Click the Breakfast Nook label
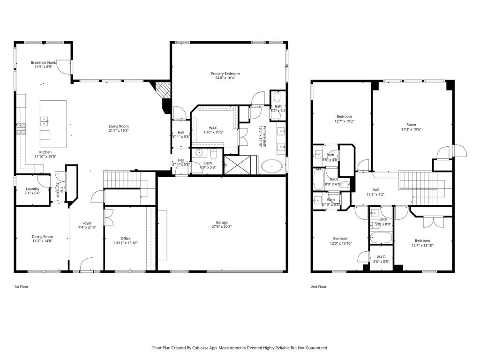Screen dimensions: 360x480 [43, 62]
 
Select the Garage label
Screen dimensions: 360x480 [221, 222]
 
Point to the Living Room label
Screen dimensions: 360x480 [119, 126]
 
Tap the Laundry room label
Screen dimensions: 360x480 [32, 189]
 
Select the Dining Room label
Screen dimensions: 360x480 [42, 237]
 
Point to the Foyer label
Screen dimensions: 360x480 [87, 223]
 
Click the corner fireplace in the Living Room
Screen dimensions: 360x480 [163, 89]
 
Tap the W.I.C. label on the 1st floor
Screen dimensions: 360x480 [213, 127]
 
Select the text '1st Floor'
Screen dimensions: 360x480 [21, 286]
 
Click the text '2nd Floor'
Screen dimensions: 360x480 [319, 286]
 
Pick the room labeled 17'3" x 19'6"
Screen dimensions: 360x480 [411, 130]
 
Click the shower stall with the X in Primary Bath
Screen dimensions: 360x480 [233, 165]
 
